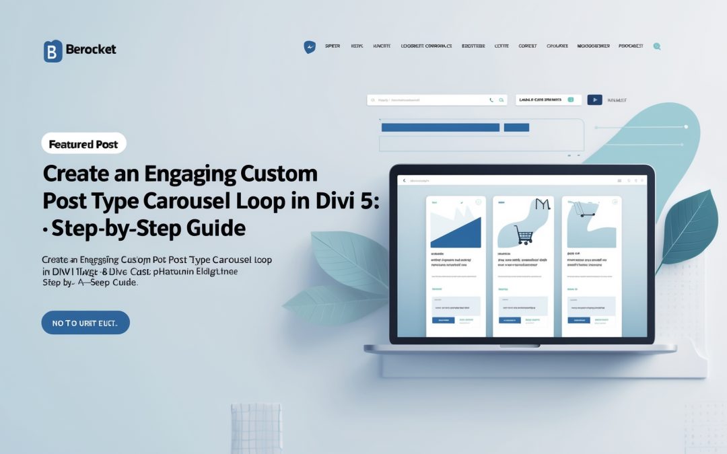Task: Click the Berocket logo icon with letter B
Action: (x=53, y=50)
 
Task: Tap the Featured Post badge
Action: (x=83, y=144)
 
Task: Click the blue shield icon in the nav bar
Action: (x=310, y=47)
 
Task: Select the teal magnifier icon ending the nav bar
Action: (x=657, y=46)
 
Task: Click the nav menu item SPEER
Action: (x=333, y=46)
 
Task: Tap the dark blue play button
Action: (x=594, y=100)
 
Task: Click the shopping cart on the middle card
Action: (x=524, y=234)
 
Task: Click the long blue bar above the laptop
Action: (x=440, y=127)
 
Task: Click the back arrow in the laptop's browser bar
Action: (x=404, y=181)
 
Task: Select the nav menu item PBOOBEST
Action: (x=630, y=46)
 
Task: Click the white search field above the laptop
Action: (x=431, y=100)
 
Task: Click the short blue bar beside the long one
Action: (x=516, y=127)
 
